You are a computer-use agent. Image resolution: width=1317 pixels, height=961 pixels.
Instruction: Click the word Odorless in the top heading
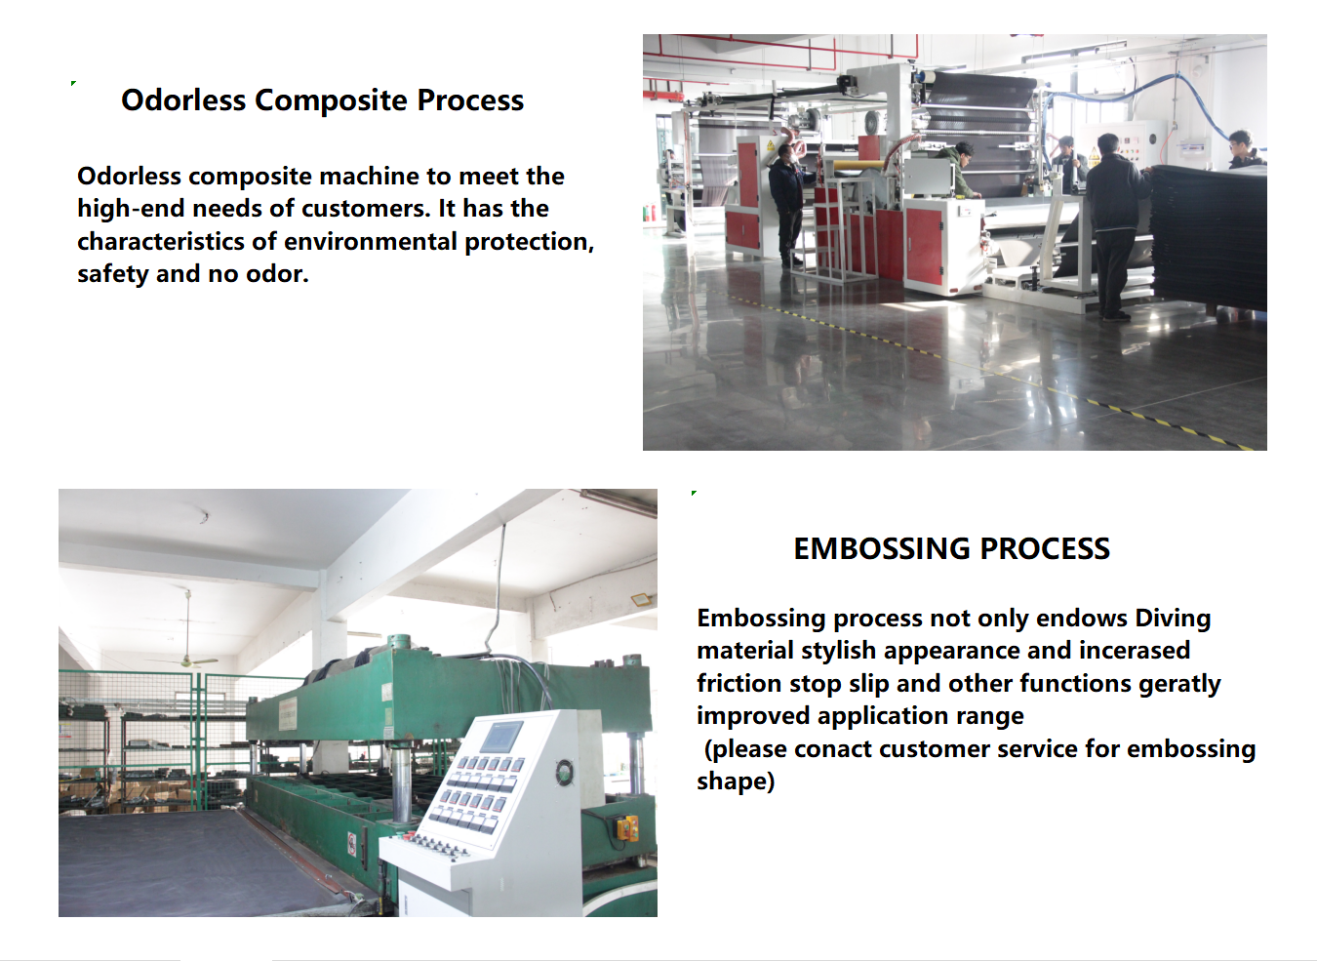[x=182, y=100]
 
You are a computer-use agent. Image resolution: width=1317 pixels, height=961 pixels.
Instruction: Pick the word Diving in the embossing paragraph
[x=1173, y=619]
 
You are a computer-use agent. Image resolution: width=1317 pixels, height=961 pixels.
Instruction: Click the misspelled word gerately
[x=1179, y=684]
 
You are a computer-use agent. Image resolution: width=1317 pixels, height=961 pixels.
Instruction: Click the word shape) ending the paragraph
[x=736, y=781]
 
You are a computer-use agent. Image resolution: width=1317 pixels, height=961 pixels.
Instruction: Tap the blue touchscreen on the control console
[x=501, y=736]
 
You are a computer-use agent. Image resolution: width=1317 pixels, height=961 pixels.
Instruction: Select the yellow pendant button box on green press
[x=626, y=827]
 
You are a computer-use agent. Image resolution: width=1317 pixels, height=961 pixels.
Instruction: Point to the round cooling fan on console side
[x=565, y=771]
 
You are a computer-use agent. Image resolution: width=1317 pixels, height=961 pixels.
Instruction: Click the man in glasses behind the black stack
[x=1244, y=149]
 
